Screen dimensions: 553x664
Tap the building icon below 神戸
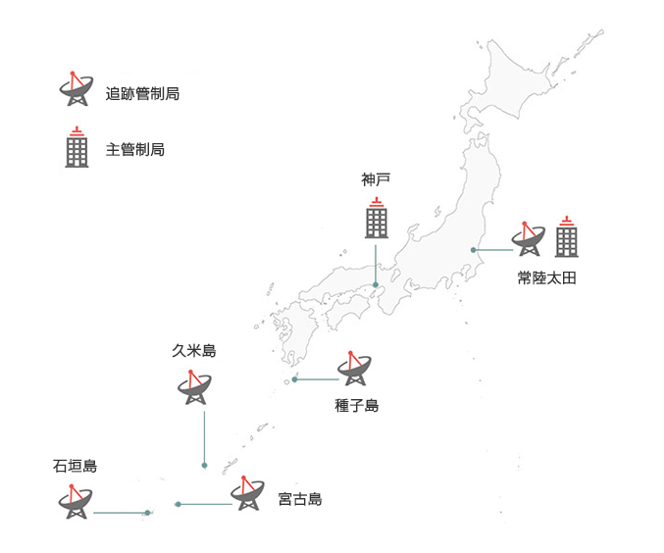pyautogui.click(x=377, y=218)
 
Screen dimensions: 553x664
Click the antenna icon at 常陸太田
pyautogui.click(x=528, y=238)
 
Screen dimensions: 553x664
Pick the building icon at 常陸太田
pyautogui.click(x=567, y=236)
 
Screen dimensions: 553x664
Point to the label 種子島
pyautogui.click(x=356, y=405)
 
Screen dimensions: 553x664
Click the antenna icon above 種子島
pyautogui.click(x=355, y=369)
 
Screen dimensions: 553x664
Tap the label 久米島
pyautogui.click(x=193, y=351)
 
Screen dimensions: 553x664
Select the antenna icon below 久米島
pyautogui.click(x=194, y=387)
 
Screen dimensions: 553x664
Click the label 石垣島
pyautogui.click(x=76, y=466)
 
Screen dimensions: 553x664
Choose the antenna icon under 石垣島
pyautogui.click(x=75, y=502)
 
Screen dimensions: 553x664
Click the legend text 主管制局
pyautogui.click(x=134, y=150)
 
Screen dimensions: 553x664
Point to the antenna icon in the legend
pyautogui.click(x=77, y=89)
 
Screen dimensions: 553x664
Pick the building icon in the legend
pyautogui.click(x=77, y=147)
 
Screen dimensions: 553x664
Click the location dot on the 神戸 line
pyautogui.click(x=376, y=285)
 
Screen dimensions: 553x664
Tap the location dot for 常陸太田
pyautogui.click(x=474, y=250)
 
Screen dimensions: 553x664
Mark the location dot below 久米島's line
pyautogui.click(x=204, y=465)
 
